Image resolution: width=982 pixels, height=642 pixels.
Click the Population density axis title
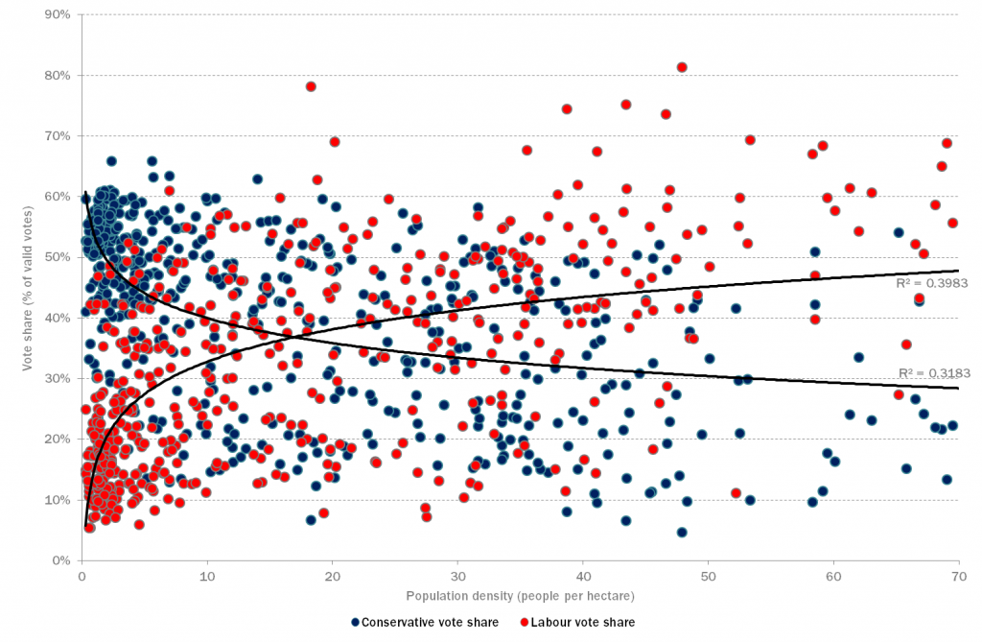519,596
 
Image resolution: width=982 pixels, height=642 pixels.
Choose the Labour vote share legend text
590,623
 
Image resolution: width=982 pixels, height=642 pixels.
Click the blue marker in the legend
356,623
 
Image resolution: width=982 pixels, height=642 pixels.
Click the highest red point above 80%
682,67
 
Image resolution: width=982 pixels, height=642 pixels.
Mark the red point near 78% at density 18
311,86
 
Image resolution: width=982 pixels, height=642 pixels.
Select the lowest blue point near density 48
682,532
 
